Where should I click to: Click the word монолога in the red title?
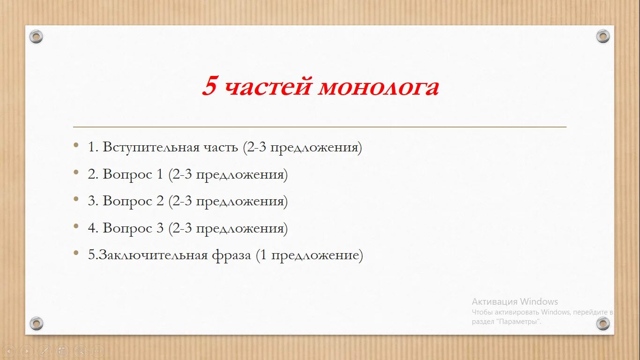click(x=379, y=88)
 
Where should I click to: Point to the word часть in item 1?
click(x=221, y=148)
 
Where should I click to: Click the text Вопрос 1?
click(x=133, y=175)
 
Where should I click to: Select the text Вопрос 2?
click(x=133, y=202)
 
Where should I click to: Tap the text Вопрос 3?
click(x=133, y=229)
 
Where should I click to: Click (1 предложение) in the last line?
click(x=309, y=255)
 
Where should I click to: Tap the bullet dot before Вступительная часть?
click(x=76, y=146)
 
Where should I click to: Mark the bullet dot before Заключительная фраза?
click(x=76, y=254)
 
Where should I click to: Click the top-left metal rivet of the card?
click(x=36, y=37)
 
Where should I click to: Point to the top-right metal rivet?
click(x=603, y=37)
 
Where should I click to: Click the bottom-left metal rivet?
click(x=36, y=323)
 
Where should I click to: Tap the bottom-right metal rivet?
click(x=603, y=323)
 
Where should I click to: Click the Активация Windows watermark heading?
click(x=514, y=302)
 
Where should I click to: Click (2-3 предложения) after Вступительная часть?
click(x=302, y=148)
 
